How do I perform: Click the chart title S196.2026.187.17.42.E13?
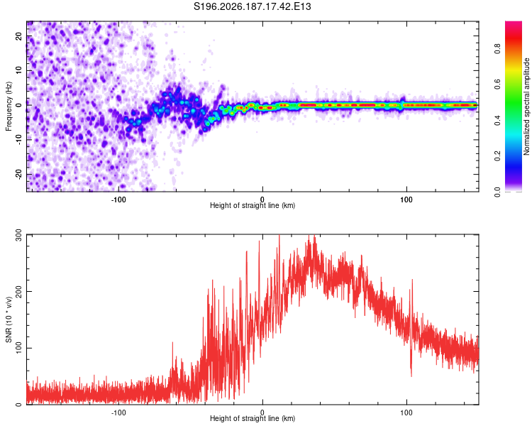252,6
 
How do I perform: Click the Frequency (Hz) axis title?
9,106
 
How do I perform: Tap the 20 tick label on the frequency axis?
19,35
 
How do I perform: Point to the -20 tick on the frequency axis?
19,175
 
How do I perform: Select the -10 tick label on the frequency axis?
19,140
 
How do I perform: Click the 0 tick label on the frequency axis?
19,105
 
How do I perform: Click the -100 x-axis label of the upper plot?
118,200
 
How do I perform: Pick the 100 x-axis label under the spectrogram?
406,200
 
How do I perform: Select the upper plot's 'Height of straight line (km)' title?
253,205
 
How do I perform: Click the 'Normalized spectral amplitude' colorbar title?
526,106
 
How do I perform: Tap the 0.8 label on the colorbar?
498,48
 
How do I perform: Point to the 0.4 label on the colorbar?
498,120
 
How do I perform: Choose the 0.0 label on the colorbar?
498,192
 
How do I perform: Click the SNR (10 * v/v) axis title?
9,319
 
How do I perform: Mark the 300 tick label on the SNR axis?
19,235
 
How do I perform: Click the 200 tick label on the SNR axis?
19,292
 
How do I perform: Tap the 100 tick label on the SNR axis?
19,348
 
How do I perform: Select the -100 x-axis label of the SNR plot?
118,413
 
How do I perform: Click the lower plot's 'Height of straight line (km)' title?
253,418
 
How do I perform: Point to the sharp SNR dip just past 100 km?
411,373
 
